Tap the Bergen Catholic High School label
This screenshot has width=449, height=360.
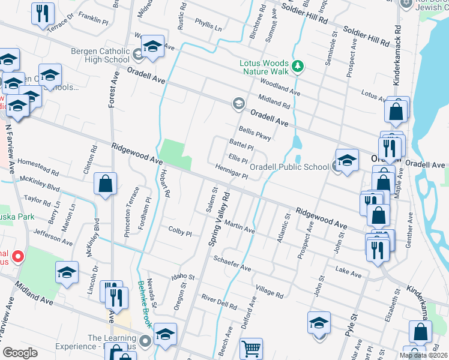pos(100,55)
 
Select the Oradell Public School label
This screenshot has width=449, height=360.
pos(289,167)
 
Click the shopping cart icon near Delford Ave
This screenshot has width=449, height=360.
pos(252,349)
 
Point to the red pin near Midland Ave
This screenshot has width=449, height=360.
pos(17,257)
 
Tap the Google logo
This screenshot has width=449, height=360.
pos(20,353)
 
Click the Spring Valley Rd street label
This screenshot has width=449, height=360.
pos(218,218)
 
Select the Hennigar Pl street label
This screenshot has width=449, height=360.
pos(231,172)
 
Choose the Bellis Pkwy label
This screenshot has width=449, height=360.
pos(255,133)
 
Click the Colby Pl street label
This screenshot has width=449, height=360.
pos(179,230)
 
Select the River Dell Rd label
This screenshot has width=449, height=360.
pos(219,301)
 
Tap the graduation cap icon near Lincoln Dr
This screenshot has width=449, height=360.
pos(67,272)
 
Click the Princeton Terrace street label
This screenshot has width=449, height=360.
pos(131,212)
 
